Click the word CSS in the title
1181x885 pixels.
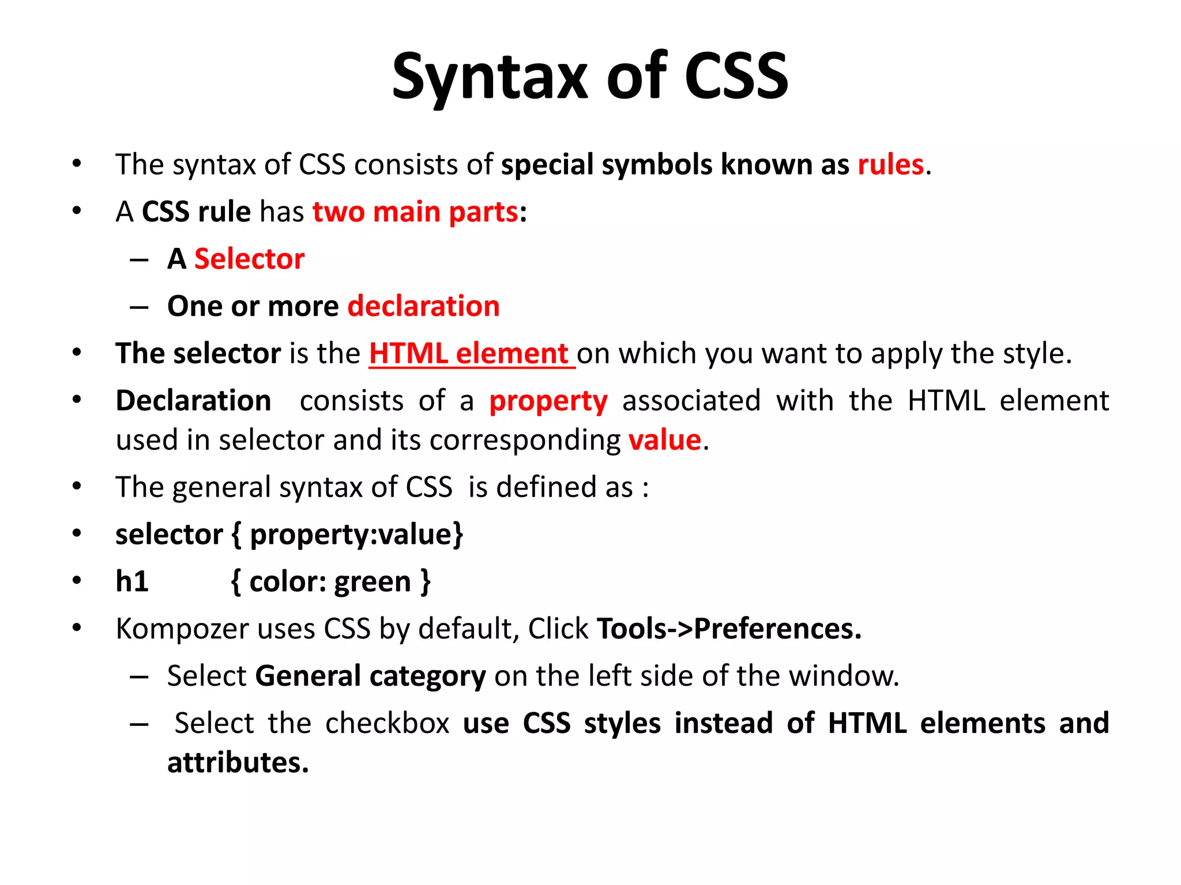point(736,77)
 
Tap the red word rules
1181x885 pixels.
point(890,165)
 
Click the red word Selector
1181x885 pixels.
point(249,259)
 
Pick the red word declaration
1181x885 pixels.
point(423,307)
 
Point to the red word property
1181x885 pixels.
point(548,401)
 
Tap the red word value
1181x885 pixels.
point(664,441)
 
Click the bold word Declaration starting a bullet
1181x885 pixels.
point(193,401)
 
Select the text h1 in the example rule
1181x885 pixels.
point(132,581)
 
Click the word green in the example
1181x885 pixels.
point(373,582)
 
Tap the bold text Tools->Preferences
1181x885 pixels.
point(729,629)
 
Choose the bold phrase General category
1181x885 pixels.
point(370,676)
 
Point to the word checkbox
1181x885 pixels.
point(387,723)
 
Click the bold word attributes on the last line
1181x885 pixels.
point(238,763)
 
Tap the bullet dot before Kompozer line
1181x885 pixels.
point(77,627)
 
